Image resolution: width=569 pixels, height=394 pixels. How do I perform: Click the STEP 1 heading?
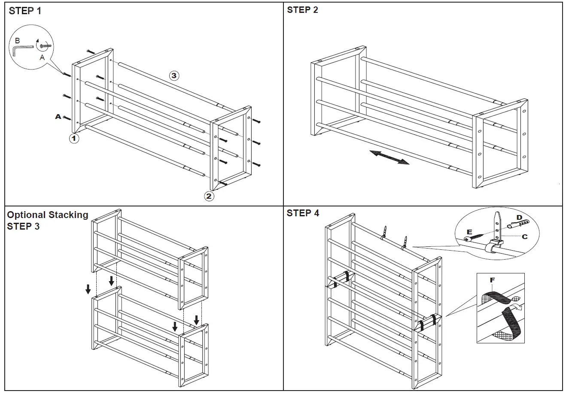click(25, 11)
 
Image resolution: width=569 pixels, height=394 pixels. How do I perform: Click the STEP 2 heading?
click(302, 10)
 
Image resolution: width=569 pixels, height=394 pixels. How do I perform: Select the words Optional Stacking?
click(48, 215)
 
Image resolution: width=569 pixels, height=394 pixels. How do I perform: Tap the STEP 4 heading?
click(303, 213)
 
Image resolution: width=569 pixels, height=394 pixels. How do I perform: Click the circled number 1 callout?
click(74, 139)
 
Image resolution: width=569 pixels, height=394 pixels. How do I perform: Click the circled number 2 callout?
click(209, 197)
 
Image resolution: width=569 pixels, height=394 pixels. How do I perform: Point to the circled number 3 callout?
click(173, 76)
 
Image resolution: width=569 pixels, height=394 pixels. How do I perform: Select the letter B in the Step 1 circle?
click(17, 40)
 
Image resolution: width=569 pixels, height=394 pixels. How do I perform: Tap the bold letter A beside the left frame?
click(58, 117)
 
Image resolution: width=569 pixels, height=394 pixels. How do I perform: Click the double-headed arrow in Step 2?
click(389, 157)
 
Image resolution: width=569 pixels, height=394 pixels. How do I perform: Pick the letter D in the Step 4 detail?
click(519, 218)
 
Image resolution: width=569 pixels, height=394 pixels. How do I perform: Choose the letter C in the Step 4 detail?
click(524, 236)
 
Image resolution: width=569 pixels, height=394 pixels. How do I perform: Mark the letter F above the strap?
click(492, 280)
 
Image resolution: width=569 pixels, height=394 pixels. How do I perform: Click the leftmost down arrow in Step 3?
click(88, 289)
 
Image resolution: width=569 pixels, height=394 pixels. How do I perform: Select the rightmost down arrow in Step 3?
click(196, 320)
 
